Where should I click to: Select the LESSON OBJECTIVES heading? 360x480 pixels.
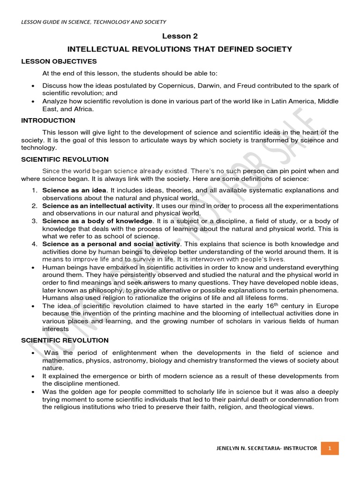pyautogui.click(x=59, y=61)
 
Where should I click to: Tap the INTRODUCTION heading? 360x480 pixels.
pyautogui.click(x=48, y=120)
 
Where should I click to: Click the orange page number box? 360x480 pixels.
pyautogui.click(x=330, y=449)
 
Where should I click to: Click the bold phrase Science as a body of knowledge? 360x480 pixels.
pyautogui.click(x=97, y=221)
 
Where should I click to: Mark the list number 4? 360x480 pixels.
pyautogui.click(x=34, y=244)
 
